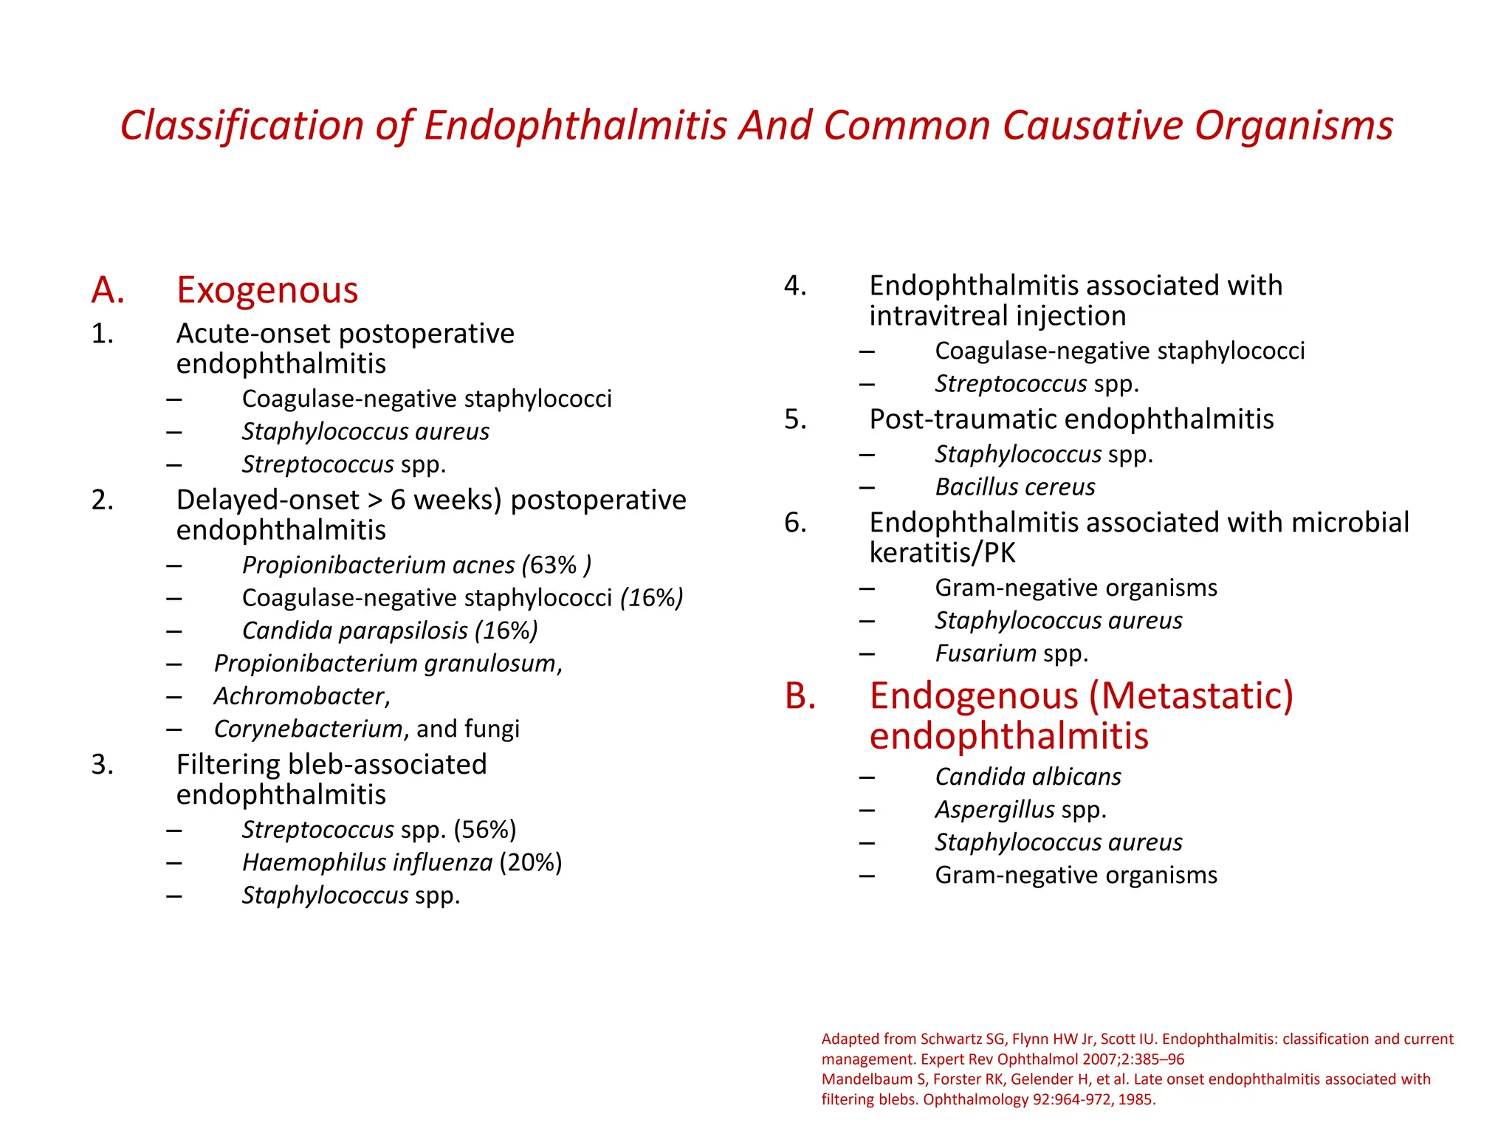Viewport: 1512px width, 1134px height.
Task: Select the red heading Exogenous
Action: click(267, 289)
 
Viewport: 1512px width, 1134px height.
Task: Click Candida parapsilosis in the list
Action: click(354, 630)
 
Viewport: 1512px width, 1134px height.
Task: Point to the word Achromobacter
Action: click(300, 695)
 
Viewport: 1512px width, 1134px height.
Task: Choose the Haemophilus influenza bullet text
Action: click(367, 862)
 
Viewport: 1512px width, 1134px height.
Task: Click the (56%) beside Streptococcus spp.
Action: click(485, 830)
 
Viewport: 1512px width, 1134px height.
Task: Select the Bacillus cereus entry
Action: click(1014, 487)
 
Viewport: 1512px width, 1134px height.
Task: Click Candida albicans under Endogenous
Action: click(1028, 777)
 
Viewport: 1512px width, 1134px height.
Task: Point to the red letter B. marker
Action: click(800, 696)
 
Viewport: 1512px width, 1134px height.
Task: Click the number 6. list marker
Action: click(795, 523)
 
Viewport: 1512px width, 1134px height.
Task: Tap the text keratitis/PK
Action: click(942, 553)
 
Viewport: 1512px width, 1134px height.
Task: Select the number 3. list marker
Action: click(103, 765)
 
